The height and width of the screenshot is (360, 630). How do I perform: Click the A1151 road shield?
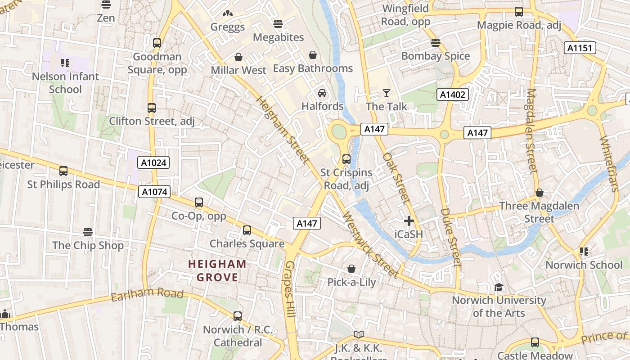click(x=580, y=48)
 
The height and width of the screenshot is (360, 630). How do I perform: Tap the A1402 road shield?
click(x=453, y=94)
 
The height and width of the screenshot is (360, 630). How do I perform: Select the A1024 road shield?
click(x=153, y=162)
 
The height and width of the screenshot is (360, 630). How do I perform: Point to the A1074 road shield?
click(x=154, y=192)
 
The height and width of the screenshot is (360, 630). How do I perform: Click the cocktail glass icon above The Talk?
click(x=386, y=93)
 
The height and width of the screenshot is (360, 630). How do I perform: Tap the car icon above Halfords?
click(x=322, y=93)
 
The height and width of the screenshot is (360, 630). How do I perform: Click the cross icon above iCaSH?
click(x=409, y=221)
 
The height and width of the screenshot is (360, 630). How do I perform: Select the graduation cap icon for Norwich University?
click(x=499, y=287)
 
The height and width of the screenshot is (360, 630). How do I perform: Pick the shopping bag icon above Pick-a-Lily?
click(x=351, y=269)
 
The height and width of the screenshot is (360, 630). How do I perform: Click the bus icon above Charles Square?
click(x=247, y=230)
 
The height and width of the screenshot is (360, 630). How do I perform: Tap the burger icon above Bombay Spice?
click(x=435, y=43)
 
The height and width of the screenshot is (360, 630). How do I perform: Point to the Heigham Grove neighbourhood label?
click(x=217, y=270)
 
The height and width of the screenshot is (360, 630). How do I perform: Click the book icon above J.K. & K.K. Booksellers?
click(x=358, y=334)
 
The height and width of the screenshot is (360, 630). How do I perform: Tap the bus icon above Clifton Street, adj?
click(x=152, y=108)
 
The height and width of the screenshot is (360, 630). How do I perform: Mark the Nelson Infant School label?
click(x=66, y=83)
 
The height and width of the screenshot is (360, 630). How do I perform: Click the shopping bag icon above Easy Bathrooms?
click(x=313, y=55)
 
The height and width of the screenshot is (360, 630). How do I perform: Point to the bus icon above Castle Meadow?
click(x=535, y=342)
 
